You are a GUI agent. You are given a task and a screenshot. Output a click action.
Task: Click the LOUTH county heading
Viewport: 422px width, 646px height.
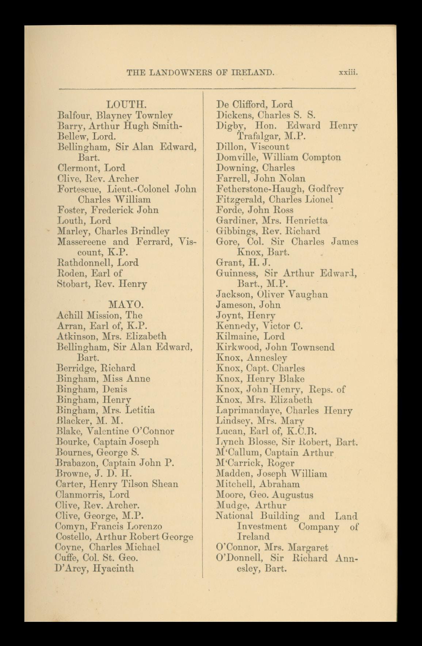coord(126,104)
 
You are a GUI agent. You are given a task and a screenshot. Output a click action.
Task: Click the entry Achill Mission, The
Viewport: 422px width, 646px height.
coord(99,315)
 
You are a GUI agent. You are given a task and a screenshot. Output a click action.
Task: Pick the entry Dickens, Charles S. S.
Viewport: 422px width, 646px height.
coord(265,115)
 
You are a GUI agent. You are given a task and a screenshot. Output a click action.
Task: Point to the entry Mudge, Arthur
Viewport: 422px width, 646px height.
coord(251,505)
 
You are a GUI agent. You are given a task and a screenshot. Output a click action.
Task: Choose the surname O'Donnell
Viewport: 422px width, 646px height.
coord(240,558)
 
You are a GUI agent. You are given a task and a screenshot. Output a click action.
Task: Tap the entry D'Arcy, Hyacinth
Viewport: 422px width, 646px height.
coord(95,568)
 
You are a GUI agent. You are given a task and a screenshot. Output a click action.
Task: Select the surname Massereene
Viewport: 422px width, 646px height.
coord(82,242)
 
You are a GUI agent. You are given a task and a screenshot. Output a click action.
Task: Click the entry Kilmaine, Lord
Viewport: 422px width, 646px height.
coord(250,336)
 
